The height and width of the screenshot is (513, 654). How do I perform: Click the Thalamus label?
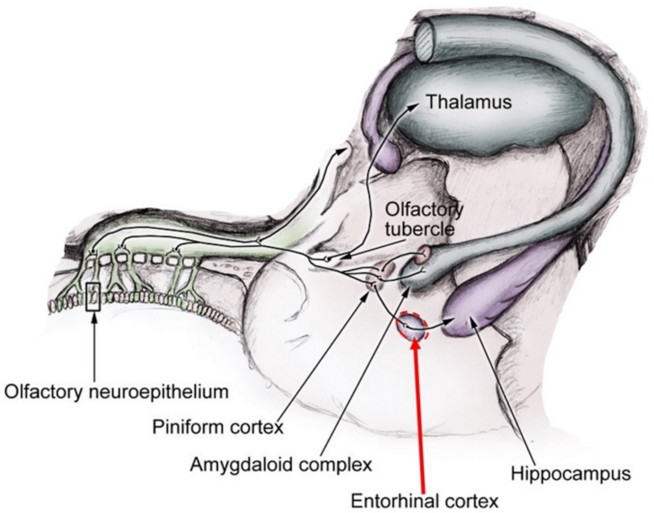[x=469, y=102]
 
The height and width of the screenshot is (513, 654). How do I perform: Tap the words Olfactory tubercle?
[x=424, y=219]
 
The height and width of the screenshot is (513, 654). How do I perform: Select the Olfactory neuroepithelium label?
[x=116, y=392]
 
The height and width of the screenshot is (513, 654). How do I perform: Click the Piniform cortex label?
[x=218, y=427]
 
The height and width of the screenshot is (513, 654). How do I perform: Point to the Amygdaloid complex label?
[x=281, y=464]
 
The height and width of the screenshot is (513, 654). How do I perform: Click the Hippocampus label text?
[x=571, y=474]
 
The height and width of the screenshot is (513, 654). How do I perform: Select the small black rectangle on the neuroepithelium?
[x=94, y=296]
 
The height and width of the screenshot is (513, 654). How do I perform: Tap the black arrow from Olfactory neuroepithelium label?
[x=94, y=347]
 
